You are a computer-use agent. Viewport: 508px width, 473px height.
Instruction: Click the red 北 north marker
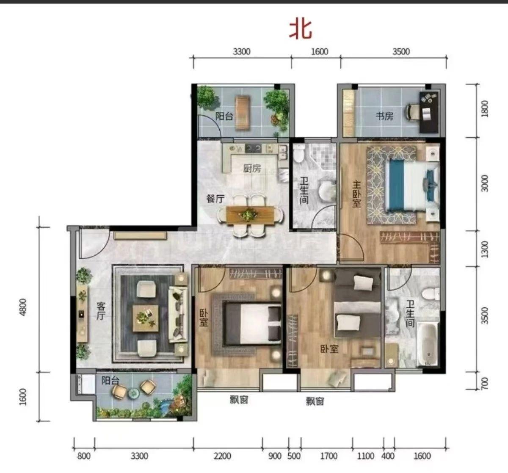[x=301, y=30]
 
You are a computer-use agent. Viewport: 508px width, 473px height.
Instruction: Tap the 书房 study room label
[x=384, y=116]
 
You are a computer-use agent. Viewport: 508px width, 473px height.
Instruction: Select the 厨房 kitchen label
[x=252, y=168]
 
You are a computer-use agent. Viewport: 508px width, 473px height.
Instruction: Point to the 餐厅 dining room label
[x=215, y=198]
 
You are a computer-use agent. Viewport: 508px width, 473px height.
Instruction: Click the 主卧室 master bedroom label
[x=356, y=194]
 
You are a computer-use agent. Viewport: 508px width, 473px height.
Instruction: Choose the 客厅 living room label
[x=101, y=311]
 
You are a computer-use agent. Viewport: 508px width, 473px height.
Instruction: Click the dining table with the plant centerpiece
[x=250, y=215]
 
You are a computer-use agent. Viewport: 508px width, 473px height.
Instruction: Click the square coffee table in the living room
[x=145, y=318]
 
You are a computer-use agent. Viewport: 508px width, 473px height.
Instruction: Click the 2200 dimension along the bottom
[x=222, y=456]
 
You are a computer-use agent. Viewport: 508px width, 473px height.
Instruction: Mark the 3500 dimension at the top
[x=401, y=51]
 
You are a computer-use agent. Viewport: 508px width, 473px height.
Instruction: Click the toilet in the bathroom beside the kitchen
[x=298, y=153]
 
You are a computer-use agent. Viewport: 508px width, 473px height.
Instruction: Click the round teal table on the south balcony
[x=133, y=393]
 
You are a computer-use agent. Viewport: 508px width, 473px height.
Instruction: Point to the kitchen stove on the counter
[x=253, y=148]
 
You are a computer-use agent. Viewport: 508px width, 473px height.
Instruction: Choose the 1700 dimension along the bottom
[x=329, y=456]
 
